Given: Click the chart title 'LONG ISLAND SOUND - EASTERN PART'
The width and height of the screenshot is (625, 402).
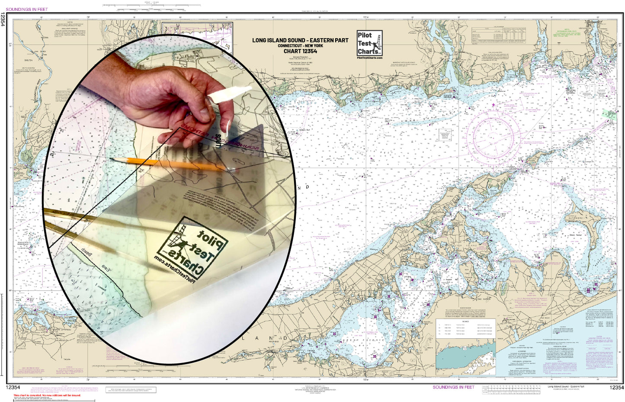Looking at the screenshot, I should click(300, 40).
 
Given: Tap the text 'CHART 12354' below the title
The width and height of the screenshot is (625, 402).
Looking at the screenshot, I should click(300, 51).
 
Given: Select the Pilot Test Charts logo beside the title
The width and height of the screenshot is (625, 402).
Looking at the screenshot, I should click(369, 42).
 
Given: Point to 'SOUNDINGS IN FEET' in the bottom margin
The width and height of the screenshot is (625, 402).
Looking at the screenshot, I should click(453, 387).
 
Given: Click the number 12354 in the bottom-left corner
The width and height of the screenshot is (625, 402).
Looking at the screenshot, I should click(13, 388).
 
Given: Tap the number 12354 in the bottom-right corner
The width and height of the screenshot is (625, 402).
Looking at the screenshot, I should click(616, 388).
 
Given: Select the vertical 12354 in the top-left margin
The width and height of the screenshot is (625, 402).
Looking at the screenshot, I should click(3, 19).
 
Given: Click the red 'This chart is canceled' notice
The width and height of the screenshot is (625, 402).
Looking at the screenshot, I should click(47, 395).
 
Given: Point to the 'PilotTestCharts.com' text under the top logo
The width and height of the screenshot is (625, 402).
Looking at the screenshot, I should click(369, 58).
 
